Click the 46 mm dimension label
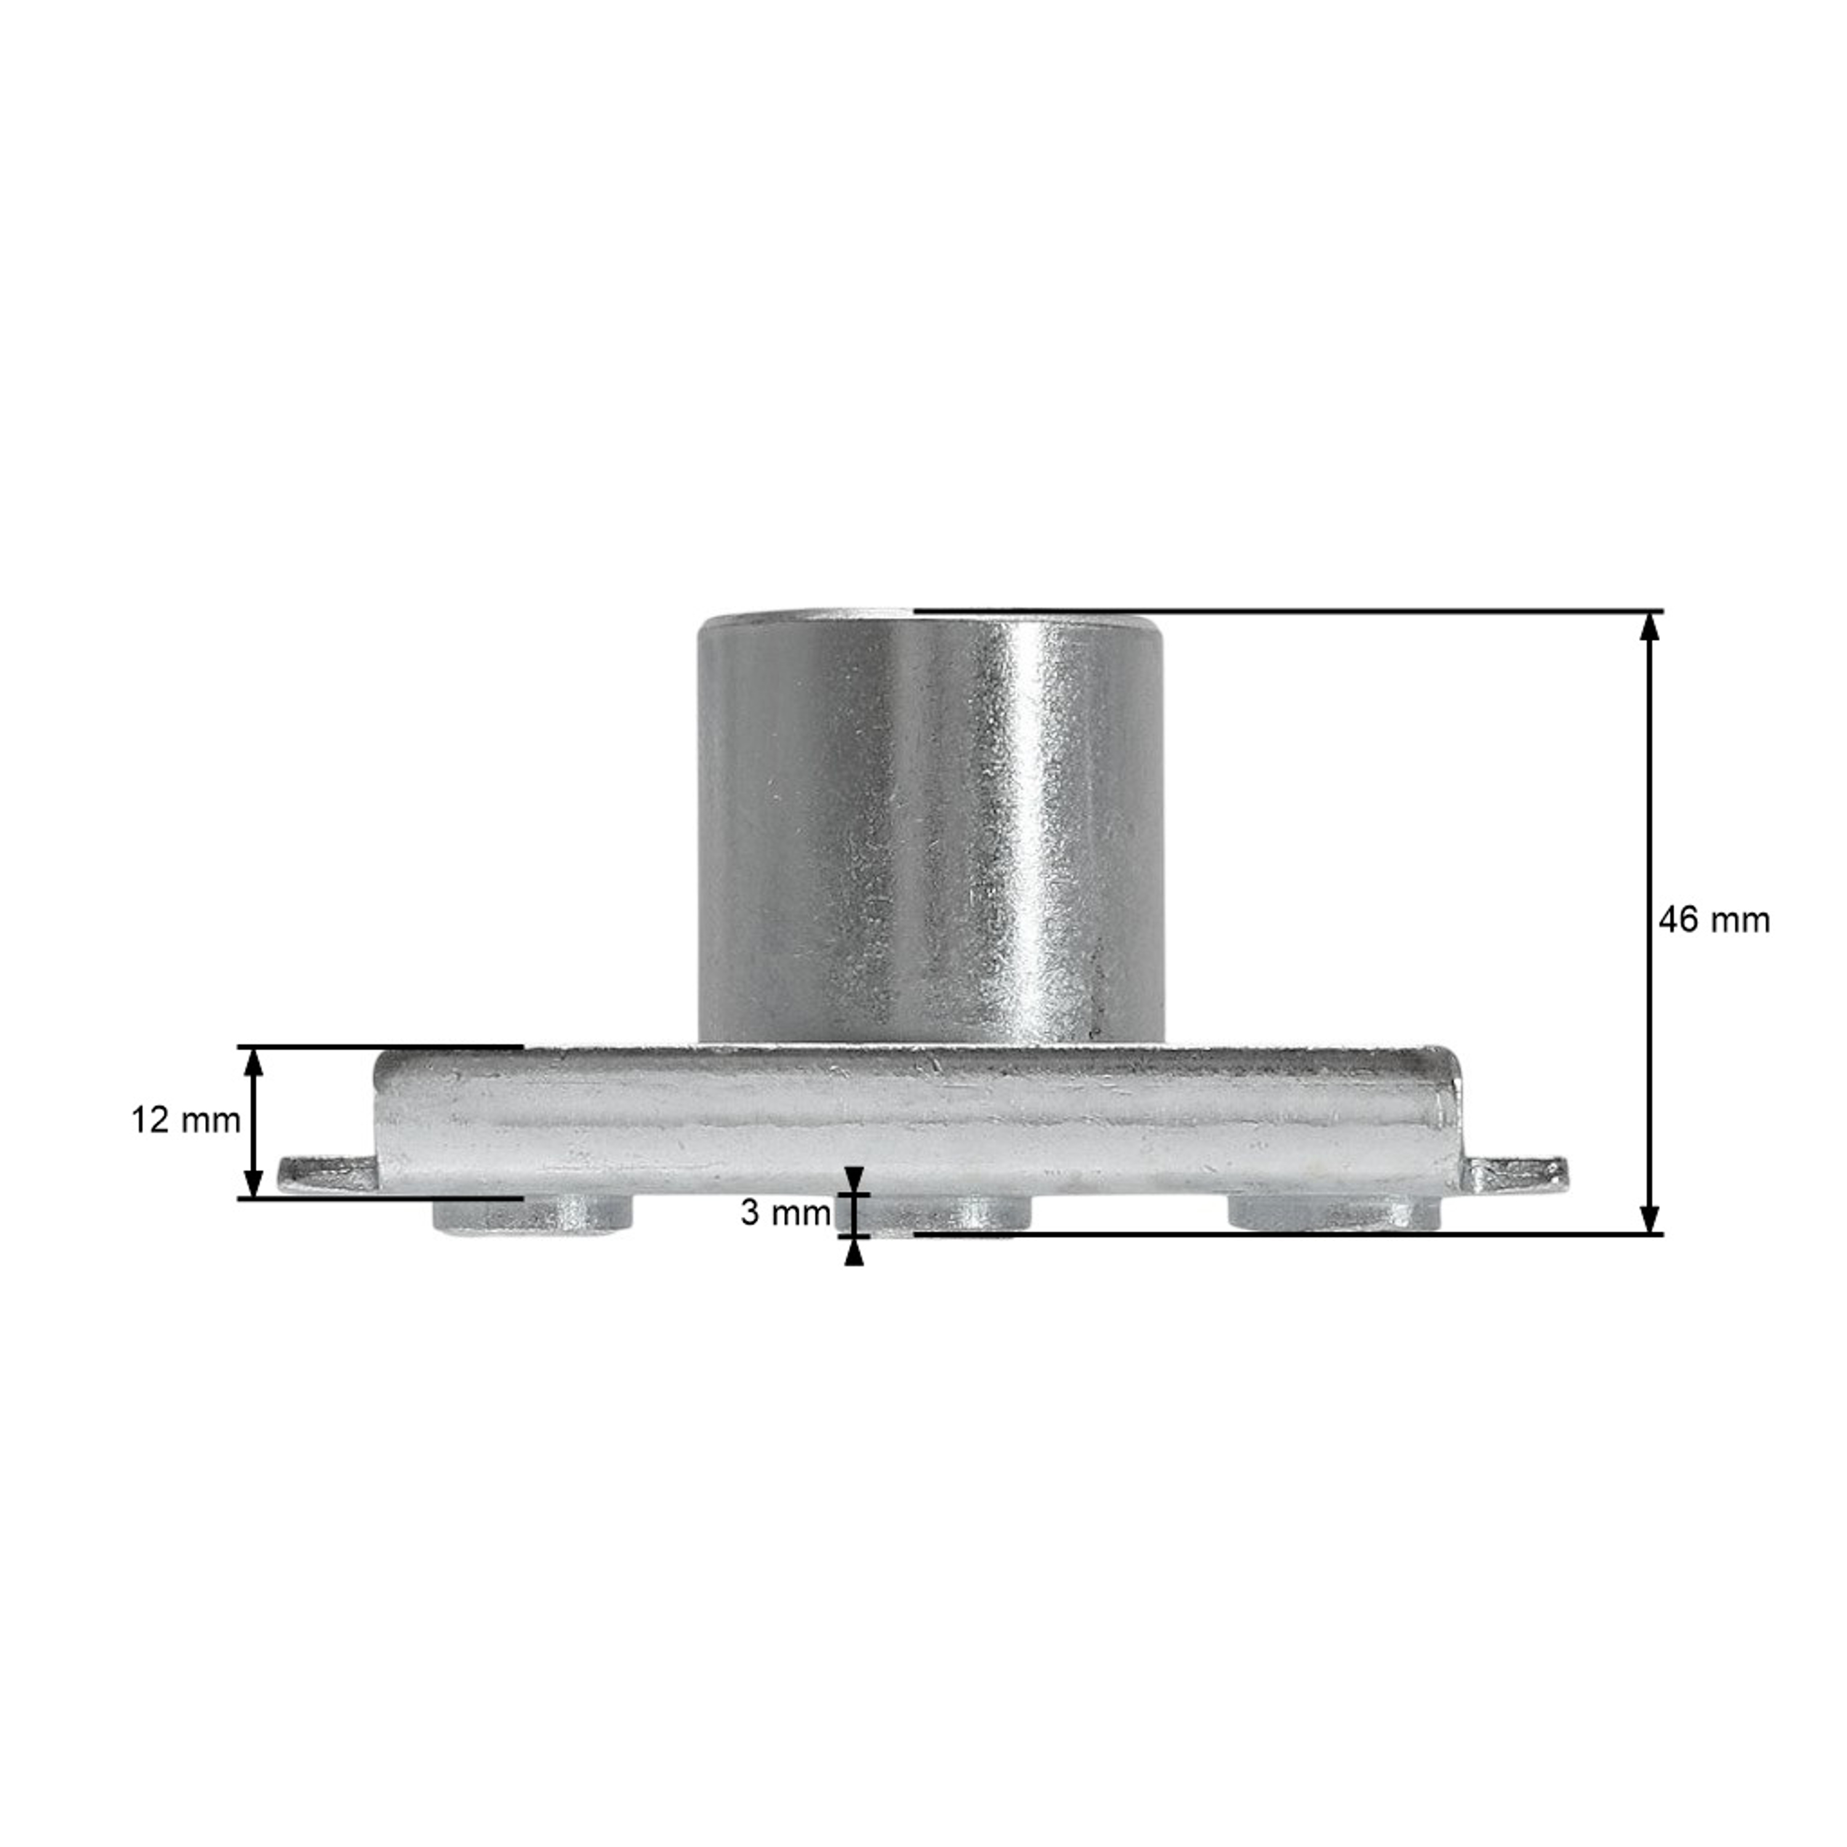click(x=1713, y=920)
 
